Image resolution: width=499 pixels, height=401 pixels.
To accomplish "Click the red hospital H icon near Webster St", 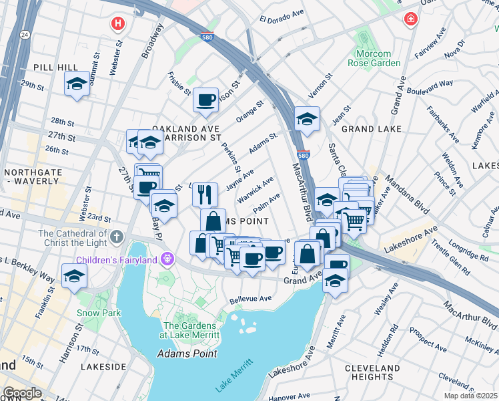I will [118, 24].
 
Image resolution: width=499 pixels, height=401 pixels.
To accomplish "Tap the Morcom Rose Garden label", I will [374, 58].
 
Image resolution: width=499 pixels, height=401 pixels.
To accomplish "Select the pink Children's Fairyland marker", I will [167, 259].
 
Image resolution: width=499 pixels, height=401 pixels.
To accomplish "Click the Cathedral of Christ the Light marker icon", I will [117, 237].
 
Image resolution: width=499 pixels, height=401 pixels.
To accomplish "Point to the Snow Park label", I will [98, 312].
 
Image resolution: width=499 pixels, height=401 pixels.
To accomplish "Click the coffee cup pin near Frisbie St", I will [205, 100].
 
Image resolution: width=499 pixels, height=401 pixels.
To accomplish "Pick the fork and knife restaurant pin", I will [205, 194].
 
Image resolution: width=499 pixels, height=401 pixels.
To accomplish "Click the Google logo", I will [22, 393].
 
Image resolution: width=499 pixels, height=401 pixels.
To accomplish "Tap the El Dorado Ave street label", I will [281, 19].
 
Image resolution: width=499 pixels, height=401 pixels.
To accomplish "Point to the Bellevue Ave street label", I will [251, 299].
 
